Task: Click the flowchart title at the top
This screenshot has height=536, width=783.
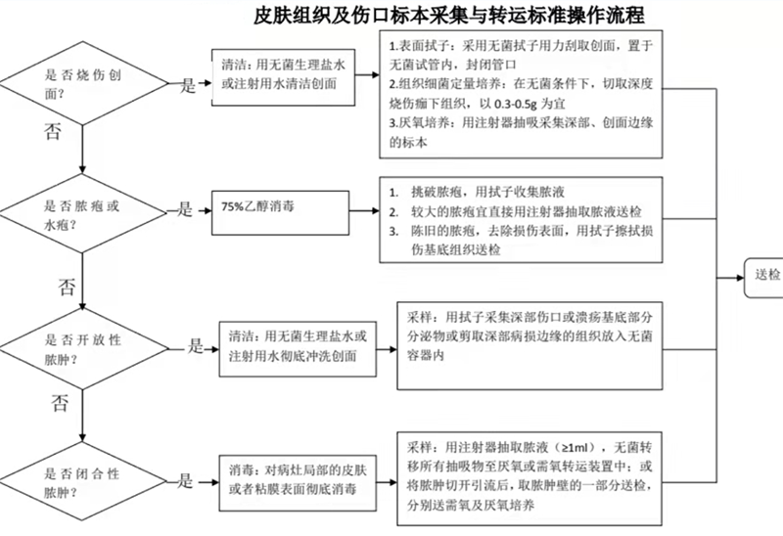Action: tap(448, 15)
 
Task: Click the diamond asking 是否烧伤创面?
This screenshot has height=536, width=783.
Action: tap(83, 83)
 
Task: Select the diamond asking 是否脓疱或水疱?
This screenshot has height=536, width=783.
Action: tap(83, 213)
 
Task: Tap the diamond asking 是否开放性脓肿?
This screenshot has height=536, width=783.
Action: tap(83, 349)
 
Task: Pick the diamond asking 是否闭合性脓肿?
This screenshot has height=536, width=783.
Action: tap(83, 481)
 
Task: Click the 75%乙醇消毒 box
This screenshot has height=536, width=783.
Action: tap(280, 212)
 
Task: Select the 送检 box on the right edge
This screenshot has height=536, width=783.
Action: tap(764, 278)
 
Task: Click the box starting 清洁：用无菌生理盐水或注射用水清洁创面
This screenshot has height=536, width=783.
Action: tap(283, 77)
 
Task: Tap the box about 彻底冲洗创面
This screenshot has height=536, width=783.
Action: tap(298, 349)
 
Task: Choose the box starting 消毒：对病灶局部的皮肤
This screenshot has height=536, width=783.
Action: tap(298, 483)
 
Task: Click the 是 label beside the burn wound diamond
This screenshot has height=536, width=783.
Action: tap(188, 85)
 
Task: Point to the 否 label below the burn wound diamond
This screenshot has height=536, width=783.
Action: tap(53, 132)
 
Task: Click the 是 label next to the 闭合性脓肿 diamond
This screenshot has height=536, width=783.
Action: tap(185, 481)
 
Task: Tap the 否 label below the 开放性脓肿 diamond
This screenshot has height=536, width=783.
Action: tap(60, 403)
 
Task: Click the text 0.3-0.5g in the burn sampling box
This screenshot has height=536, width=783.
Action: tap(516, 104)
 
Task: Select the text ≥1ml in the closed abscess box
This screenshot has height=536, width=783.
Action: tap(577, 447)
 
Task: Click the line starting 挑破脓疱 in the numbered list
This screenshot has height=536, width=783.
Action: tap(477, 192)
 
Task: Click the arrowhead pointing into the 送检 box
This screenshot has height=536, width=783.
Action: tap(740, 278)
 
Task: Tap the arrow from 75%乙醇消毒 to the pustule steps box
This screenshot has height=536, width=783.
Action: tap(364, 211)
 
